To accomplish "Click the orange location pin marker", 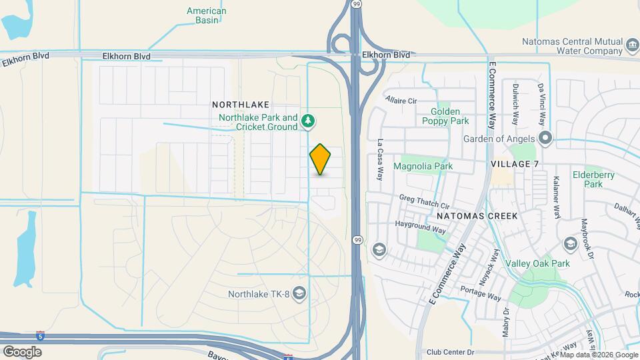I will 321,159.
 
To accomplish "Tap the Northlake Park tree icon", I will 308,121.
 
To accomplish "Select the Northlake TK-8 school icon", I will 300,293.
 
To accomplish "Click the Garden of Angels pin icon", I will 546,139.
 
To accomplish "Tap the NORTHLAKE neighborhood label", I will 241,105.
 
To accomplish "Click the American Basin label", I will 206,15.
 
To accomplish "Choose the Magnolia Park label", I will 423,166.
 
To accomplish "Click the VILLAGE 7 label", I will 514,164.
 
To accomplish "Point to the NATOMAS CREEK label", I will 477,216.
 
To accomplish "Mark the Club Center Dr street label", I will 450,352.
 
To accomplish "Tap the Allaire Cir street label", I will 401,101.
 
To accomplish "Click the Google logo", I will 22,351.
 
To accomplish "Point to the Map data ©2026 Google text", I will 598,355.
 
